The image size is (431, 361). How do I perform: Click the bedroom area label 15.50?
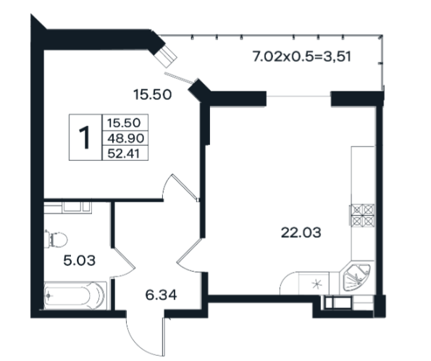tap(152, 95)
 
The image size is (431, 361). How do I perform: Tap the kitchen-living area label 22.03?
tap(301, 233)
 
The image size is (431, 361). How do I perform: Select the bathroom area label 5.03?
tap(80, 260)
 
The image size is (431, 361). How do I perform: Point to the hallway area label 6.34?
tap(161, 295)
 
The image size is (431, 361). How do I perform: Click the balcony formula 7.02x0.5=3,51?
tap(302, 57)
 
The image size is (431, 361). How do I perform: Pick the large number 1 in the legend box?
tap(85, 137)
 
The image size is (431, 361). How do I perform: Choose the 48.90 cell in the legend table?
tap(125, 138)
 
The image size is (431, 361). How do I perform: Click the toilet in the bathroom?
tap(56, 238)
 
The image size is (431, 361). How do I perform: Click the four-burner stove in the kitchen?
tap(362, 215)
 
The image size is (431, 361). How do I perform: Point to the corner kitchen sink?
tap(356, 278)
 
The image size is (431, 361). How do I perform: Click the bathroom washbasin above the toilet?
tap(72, 207)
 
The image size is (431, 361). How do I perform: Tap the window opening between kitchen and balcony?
tap(298, 96)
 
